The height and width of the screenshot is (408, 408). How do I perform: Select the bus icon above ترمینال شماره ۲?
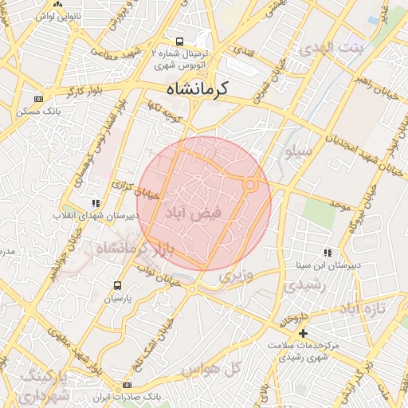[180, 41]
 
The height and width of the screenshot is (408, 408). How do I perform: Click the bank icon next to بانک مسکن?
[38, 99]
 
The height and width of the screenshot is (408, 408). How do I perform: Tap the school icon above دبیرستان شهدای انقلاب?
[96, 203]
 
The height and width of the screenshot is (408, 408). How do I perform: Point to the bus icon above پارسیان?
[118, 285]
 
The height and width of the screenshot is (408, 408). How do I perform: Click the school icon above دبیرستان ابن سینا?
[328, 253]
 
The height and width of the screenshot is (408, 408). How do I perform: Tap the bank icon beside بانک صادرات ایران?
[127, 386]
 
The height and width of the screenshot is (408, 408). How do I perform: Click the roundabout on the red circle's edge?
[250, 186]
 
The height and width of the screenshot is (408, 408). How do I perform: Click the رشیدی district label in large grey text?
[307, 285]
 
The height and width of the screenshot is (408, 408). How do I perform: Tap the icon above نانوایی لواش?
[58, 4]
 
